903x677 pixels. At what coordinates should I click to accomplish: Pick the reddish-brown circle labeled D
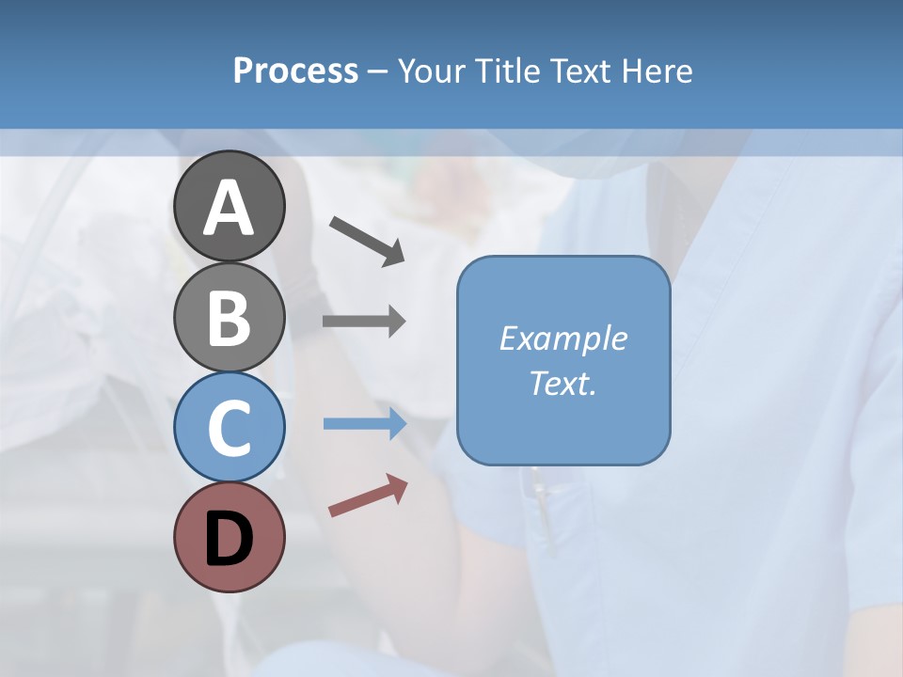229,537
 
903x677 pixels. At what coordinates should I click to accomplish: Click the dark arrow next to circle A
367,240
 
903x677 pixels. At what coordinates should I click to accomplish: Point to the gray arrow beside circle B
364,322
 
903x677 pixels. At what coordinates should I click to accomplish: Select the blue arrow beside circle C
364,424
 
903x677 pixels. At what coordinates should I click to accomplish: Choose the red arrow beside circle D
368,496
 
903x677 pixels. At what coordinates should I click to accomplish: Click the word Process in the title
295,71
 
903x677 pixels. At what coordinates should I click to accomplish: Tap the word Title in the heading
503,71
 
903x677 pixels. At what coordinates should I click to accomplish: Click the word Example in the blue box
562,338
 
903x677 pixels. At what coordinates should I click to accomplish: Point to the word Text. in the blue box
562,383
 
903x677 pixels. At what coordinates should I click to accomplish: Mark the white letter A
229,208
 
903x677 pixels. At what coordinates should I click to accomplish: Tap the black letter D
229,539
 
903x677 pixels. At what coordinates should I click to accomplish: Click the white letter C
229,428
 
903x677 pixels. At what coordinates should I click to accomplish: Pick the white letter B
229,318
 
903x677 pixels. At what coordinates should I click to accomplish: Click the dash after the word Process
378,71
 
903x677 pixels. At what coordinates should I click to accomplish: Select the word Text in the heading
579,71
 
